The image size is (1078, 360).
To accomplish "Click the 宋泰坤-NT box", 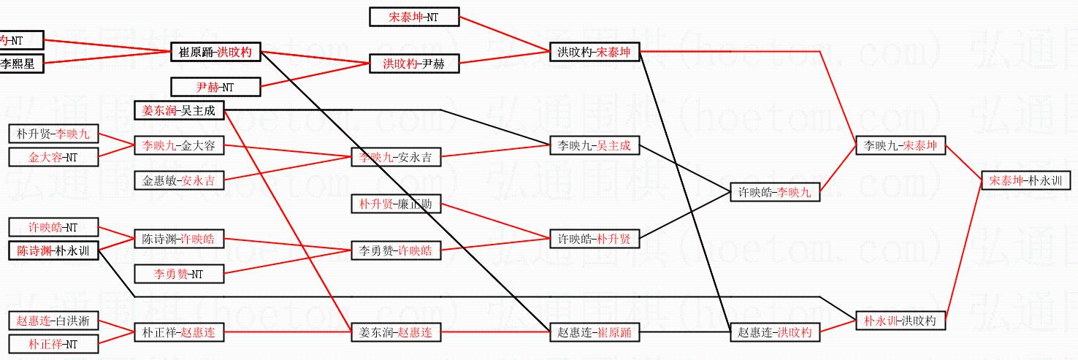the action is [413, 17].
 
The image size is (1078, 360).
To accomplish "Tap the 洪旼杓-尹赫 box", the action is [413, 64].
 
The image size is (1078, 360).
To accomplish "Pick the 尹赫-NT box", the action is [215, 87].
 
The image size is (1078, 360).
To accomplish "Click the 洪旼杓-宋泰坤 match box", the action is [594, 53].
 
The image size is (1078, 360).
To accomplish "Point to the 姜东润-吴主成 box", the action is [180, 110].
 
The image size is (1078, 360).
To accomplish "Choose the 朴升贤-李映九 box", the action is [53, 134].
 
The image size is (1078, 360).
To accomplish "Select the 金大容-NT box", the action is [53, 157].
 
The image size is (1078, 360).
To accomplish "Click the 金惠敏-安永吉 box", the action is [179, 180].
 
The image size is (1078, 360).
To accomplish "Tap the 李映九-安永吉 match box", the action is [396, 157].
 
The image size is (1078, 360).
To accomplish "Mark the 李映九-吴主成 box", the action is [594, 146].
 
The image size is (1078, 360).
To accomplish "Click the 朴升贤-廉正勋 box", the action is [396, 204].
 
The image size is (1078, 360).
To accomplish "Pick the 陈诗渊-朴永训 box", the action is [53, 250].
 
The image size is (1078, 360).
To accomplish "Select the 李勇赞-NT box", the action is [179, 274].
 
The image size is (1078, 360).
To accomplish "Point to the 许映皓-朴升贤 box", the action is [594, 239].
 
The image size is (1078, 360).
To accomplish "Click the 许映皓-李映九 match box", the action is [775, 193].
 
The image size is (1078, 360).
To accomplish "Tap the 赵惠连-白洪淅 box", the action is [53, 321].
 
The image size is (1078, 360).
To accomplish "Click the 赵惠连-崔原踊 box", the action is [594, 332].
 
